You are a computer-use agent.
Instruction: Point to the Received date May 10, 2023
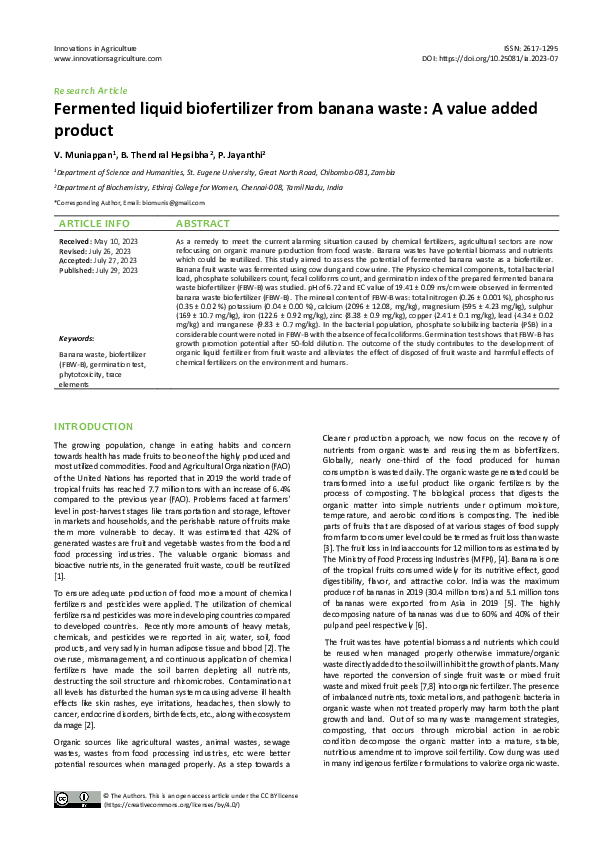coord(114,243)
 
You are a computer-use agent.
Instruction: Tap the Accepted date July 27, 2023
coord(117,261)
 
